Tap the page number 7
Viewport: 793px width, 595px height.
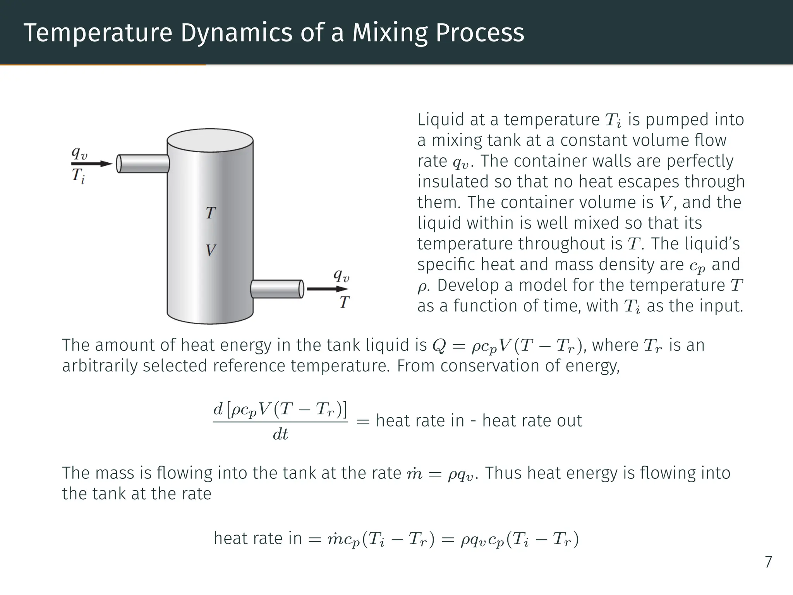tap(768, 562)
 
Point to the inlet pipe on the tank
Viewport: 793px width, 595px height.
tap(143, 164)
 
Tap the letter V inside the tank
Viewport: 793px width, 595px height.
tap(211, 250)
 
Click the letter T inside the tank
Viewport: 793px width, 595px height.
tap(211, 213)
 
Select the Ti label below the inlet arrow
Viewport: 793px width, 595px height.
tap(78, 176)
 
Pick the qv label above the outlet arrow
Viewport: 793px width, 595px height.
tap(342, 275)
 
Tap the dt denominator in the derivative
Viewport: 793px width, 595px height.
tap(280, 435)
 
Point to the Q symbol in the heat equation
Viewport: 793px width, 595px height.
tap(439, 346)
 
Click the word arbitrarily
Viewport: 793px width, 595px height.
tap(99, 366)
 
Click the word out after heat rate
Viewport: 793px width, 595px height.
tap(569, 421)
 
